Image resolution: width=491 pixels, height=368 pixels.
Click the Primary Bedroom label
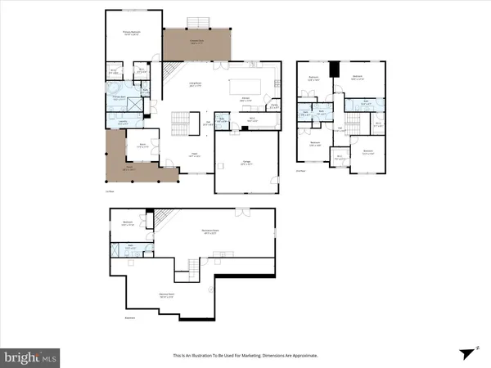tap(132, 34)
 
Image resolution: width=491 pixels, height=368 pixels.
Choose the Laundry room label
tap(123, 123)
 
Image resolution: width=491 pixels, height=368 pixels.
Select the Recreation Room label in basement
tap(214, 231)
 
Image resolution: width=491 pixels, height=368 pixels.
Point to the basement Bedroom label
tap(128, 222)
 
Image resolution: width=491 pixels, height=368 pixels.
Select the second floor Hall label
tap(339, 128)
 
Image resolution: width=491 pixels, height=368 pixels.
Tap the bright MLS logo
tap(31, 356)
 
